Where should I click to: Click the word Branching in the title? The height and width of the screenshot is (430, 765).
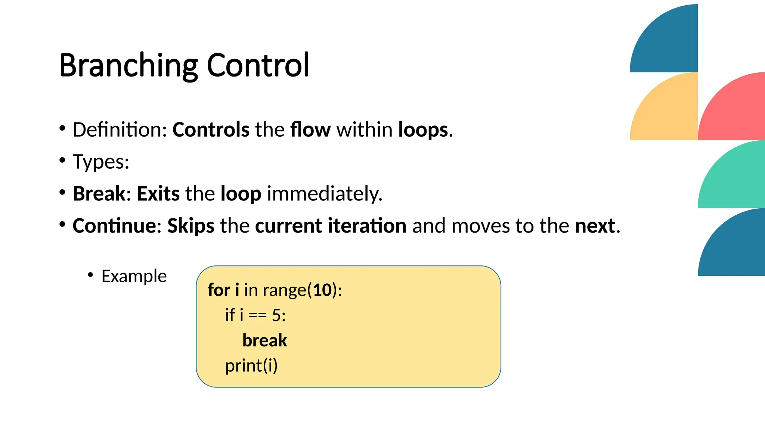pos(128,65)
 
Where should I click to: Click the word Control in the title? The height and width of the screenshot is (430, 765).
pos(258,65)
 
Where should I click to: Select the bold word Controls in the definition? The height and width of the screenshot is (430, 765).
pos(211,130)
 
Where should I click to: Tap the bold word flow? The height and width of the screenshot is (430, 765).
pos(310,130)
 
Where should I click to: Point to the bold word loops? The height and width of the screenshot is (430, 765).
pos(423,130)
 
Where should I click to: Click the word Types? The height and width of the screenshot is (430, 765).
pos(101,162)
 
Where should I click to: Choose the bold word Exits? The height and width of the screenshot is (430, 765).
pos(158,194)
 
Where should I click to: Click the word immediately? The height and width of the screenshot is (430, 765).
pos(324,194)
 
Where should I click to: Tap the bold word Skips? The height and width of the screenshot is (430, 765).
pos(191,226)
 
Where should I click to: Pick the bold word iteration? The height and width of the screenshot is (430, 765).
pos(367,226)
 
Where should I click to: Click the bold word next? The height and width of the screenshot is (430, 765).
pos(595,226)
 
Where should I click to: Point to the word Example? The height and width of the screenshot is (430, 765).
pos(134,276)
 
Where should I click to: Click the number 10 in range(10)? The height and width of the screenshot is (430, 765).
pos(323,290)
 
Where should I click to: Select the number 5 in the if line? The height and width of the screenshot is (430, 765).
pos(276,315)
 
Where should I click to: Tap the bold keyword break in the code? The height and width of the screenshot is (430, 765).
pos(264,340)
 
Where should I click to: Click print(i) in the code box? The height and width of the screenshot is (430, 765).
pos(251,365)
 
